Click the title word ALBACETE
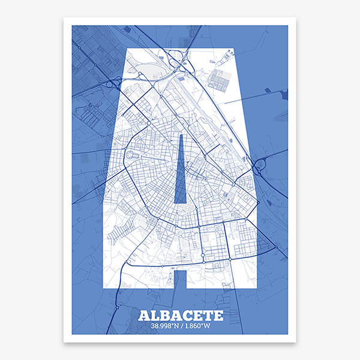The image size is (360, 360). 180,315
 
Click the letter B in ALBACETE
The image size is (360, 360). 162,315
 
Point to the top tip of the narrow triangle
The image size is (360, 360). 180,135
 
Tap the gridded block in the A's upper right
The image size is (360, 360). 220,78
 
